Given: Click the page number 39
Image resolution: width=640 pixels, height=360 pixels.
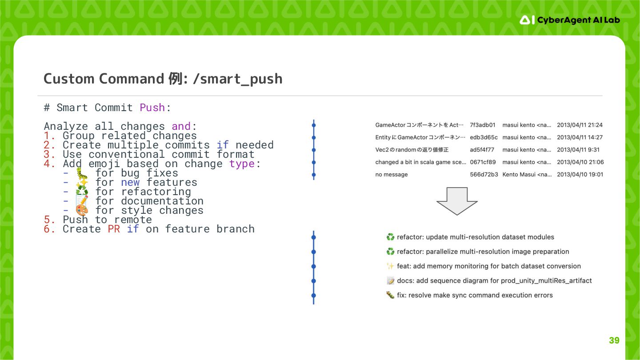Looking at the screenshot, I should click(x=614, y=340).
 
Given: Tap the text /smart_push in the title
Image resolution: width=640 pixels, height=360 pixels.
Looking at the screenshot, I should click(x=238, y=79).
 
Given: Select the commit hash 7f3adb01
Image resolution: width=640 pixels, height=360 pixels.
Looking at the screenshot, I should click(x=482, y=125).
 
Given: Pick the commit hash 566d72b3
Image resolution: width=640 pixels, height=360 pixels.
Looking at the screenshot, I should click(x=482, y=175).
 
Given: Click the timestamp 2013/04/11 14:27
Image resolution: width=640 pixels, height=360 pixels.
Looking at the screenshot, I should click(x=580, y=137).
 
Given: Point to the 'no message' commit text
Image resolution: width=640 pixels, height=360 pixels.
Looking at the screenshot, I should click(x=392, y=175).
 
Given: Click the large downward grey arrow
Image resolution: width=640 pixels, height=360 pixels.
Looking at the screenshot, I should click(x=456, y=201).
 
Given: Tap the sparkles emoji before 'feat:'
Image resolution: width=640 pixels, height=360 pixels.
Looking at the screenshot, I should click(x=390, y=266).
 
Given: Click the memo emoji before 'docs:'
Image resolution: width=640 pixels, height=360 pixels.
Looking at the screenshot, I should click(x=390, y=281).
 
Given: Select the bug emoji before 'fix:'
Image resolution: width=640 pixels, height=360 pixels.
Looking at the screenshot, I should click(x=390, y=295).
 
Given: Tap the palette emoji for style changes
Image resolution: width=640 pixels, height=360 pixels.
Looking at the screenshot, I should click(x=82, y=210).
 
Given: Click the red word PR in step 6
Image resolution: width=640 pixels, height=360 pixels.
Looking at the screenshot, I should click(x=114, y=229).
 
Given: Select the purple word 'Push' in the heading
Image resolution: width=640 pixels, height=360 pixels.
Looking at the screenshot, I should click(x=152, y=108).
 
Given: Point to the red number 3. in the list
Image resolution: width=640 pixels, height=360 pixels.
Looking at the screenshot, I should click(x=49, y=154).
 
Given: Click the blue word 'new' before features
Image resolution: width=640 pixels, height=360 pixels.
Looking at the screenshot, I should click(x=130, y=182).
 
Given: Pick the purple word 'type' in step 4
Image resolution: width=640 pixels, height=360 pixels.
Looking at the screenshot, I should click(x=242, y=164).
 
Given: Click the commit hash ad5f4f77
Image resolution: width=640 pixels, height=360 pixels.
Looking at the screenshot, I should click(x=482, y=150).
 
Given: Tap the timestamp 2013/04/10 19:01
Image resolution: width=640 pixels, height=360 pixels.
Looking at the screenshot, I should click(x=580, y=175).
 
